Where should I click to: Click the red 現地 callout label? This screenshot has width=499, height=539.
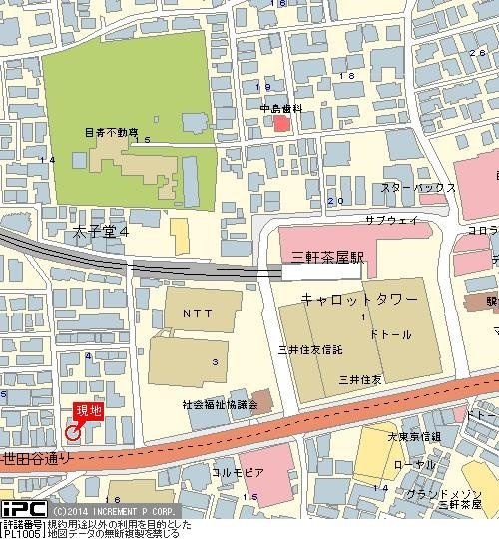click(x=88, y=410)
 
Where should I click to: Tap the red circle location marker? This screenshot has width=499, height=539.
click(x=72, y=431)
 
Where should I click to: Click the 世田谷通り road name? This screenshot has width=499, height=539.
click(x=37, y=459)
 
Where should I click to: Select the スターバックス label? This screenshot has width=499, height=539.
click(x=417, y=188)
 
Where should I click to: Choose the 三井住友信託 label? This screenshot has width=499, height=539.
click(x=310, y=349)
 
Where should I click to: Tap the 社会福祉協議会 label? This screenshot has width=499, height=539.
click(x=220, y=404)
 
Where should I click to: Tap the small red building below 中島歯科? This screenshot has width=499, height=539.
click(x=282, y=124)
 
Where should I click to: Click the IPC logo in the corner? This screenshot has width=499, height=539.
click(x=21, y=509)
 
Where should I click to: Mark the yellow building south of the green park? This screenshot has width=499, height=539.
click(x=180, y=236)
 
